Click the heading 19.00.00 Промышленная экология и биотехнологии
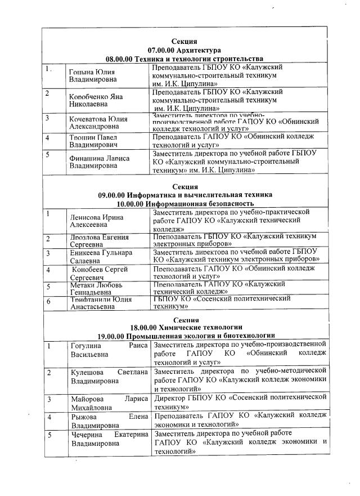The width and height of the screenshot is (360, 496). [x=186, y=336]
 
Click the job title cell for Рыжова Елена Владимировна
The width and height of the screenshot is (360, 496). [x=240, y=419]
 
